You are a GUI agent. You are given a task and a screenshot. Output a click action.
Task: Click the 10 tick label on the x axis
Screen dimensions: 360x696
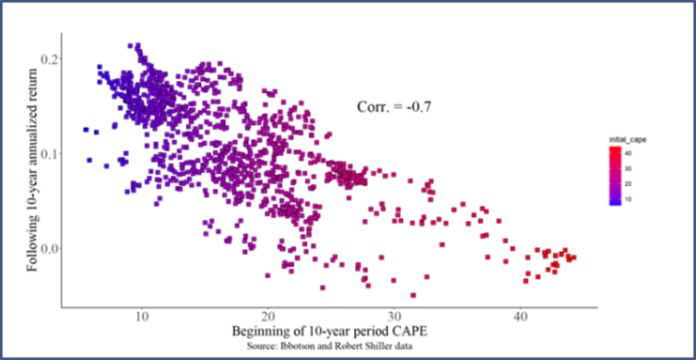pos(141,317)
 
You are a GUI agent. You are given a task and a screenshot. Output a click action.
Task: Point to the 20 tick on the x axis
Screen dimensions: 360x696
pos(267,317)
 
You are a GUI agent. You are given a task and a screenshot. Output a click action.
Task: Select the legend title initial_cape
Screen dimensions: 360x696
pos(627,139)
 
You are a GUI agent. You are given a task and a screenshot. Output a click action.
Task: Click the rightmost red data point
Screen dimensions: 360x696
pos(574,258)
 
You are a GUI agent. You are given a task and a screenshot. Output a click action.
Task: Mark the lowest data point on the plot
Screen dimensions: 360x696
pos(413,295)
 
